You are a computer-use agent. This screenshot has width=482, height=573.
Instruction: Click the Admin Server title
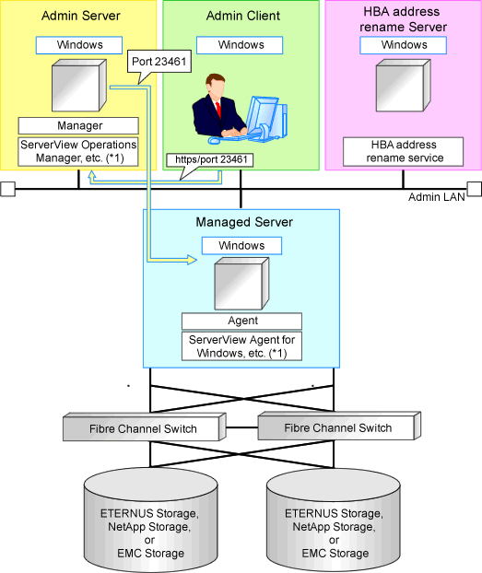(x=80, y=16)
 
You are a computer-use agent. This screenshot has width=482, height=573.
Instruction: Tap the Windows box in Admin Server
(x=79, y=45)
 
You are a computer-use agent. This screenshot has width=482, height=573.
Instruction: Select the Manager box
(x=78, y=125)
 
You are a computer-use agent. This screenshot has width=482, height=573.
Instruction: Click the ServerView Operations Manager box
(x=78, y=152)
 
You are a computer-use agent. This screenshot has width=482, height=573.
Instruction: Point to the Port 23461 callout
(x=159, y=62)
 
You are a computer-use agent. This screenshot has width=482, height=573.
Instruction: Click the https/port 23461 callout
(x=209, y=160)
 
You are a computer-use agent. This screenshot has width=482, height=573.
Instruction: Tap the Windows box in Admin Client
(x=240, y=45)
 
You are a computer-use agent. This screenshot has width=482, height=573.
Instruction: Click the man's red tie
(x=218, y=111)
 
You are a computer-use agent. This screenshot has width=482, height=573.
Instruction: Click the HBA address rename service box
(x=403, y=152)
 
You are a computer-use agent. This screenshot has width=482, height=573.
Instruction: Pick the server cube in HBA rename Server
(x=404, y=86)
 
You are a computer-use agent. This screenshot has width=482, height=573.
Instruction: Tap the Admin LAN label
(x=436, y=197)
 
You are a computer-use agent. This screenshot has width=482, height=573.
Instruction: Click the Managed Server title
(x=244, y=222)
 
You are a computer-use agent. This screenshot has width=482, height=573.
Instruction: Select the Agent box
(x=241, y=321)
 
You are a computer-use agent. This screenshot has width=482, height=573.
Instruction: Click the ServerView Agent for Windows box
(x=241, y=346)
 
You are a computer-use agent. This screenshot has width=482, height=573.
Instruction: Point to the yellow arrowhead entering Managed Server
(x=192, y=260)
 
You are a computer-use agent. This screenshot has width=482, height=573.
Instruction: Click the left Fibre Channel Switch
(x=145, y=427)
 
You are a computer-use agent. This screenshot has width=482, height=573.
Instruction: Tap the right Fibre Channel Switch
(x=339, y=426)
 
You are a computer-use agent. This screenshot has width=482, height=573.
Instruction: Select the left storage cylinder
(x=150, y=520)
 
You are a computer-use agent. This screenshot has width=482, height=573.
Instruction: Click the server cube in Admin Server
(x=79, y=86)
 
